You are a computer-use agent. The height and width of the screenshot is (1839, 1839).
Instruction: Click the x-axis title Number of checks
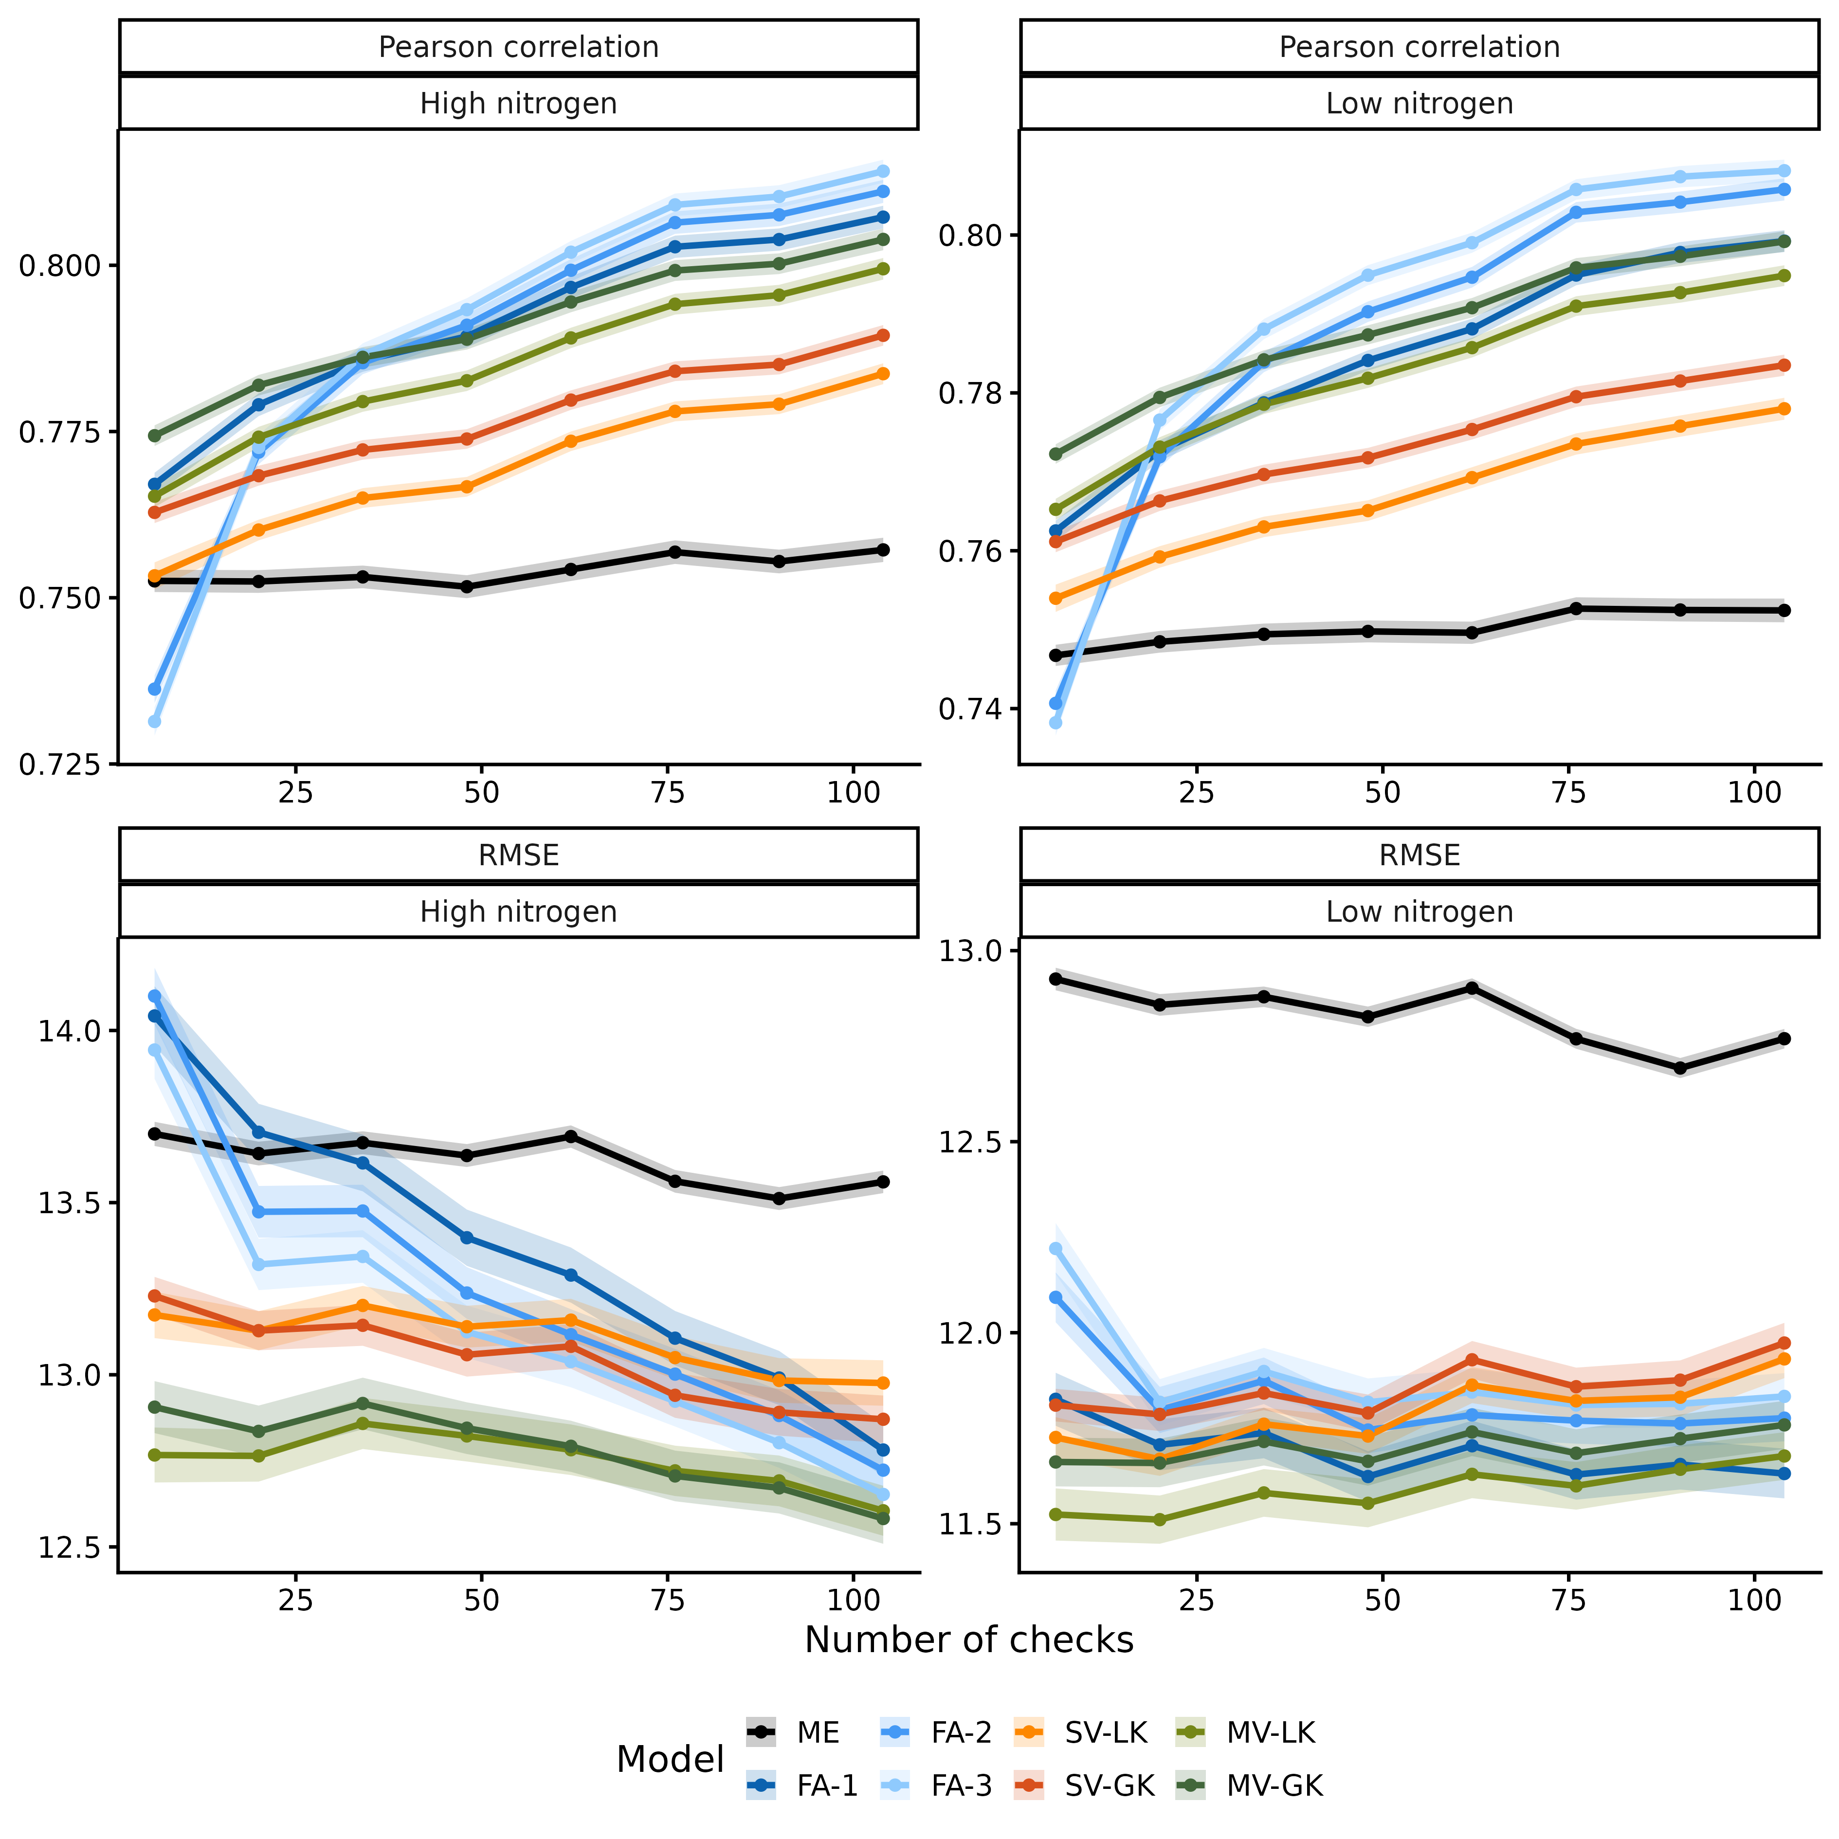tap(969, 1640)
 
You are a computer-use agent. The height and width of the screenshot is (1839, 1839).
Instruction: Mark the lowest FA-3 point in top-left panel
tap(154, 722)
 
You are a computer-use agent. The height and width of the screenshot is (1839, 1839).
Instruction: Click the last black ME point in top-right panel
tap(1784, 610)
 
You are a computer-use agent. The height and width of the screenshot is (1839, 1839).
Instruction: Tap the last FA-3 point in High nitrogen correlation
tap(882, 171)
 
